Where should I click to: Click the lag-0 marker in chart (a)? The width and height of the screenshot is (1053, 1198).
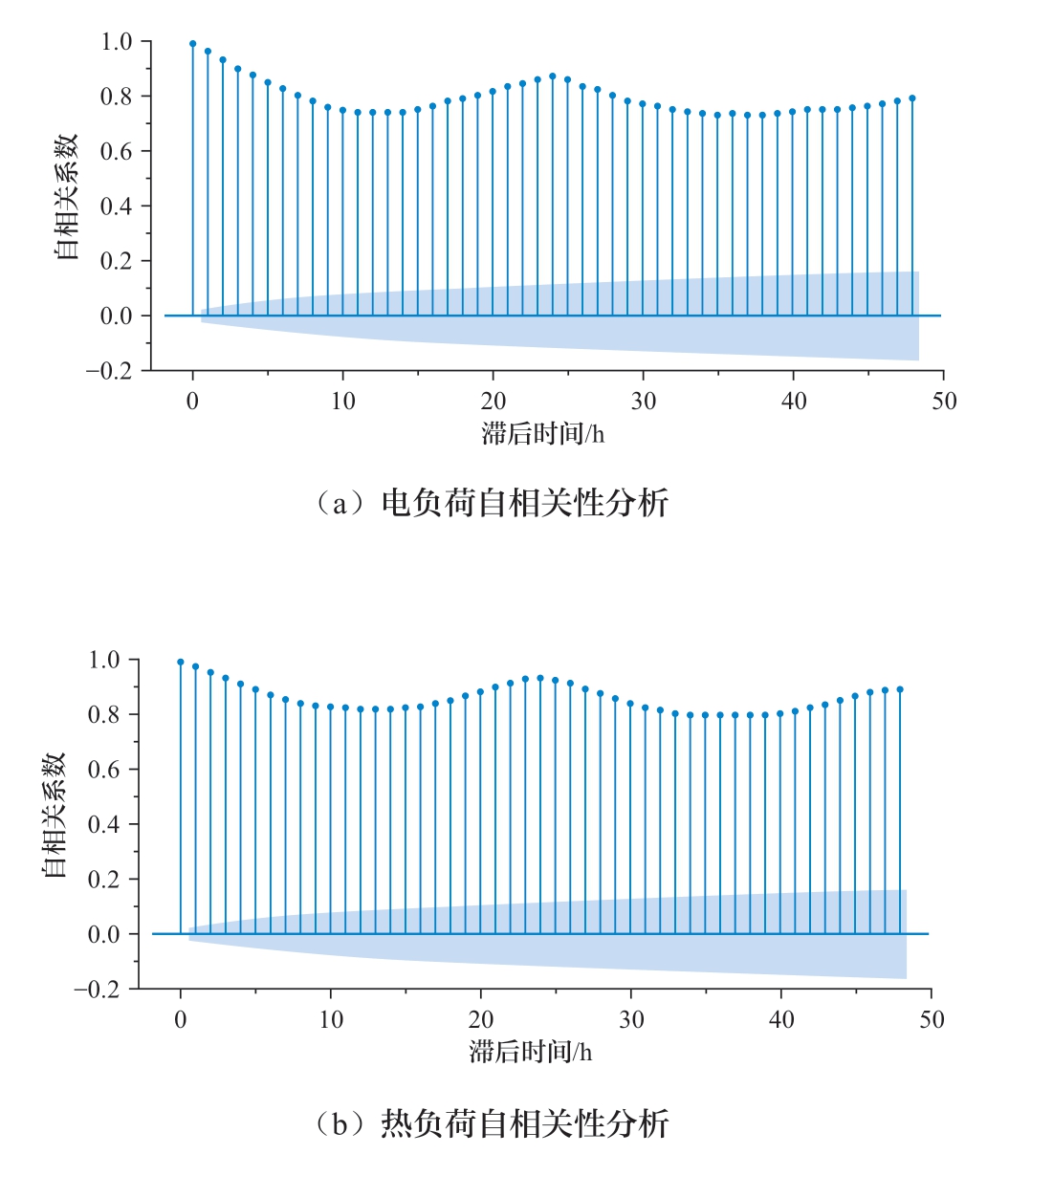pyautogui.click(x=192, y=44)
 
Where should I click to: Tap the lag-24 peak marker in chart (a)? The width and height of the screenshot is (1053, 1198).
pyautogui.click(x=553, y=76)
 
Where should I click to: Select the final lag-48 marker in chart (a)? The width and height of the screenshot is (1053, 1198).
pyautogui.click(x=912, y=98)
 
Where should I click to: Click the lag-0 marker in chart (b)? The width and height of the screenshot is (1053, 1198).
pyautogui.click(x=180, y=662)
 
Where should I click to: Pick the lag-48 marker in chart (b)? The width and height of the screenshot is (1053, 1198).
pyautogui.click(x=900, y=689)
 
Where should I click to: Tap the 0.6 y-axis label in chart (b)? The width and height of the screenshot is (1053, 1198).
pyautogui.click(x=104, y=770)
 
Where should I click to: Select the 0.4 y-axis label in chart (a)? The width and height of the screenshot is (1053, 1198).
pyautogui.click(x=117, y=207)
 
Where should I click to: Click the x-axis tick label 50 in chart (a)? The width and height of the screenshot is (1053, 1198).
pyautogui.click(x=944, y=402)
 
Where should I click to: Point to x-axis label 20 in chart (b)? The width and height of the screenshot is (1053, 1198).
pyautogui.click(x=481, y=1020)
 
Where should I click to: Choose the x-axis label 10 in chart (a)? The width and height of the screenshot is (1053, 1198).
pyautogui.click(x=342, y=402)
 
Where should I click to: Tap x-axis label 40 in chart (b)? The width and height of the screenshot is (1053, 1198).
pyautogui.click(x=781, y=1020)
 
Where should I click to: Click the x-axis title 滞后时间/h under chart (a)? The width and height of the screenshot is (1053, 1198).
pyautogui.click(x=542, y=434)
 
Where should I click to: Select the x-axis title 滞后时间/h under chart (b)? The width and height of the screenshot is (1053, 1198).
pyautogui.click(x=530, y=1053)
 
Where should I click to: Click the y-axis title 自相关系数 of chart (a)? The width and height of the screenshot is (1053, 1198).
pyautogui.click(x=66, y=197)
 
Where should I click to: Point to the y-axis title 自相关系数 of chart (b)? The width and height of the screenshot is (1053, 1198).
pyautogui.click(x=54, y=815)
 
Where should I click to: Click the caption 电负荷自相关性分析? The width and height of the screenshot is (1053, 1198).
pyautogui.click(x=524, y=503)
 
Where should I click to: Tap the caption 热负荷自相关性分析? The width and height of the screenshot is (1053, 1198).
pyautogui.click(x=524, y=1123)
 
